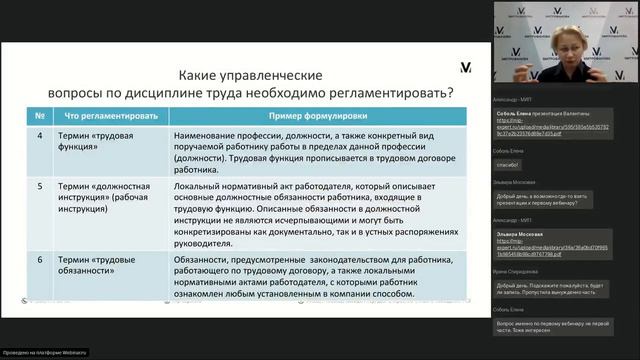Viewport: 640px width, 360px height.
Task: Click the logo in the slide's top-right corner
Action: pos(465,67)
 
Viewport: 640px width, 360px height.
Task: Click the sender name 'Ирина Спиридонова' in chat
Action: pos(515,270)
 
